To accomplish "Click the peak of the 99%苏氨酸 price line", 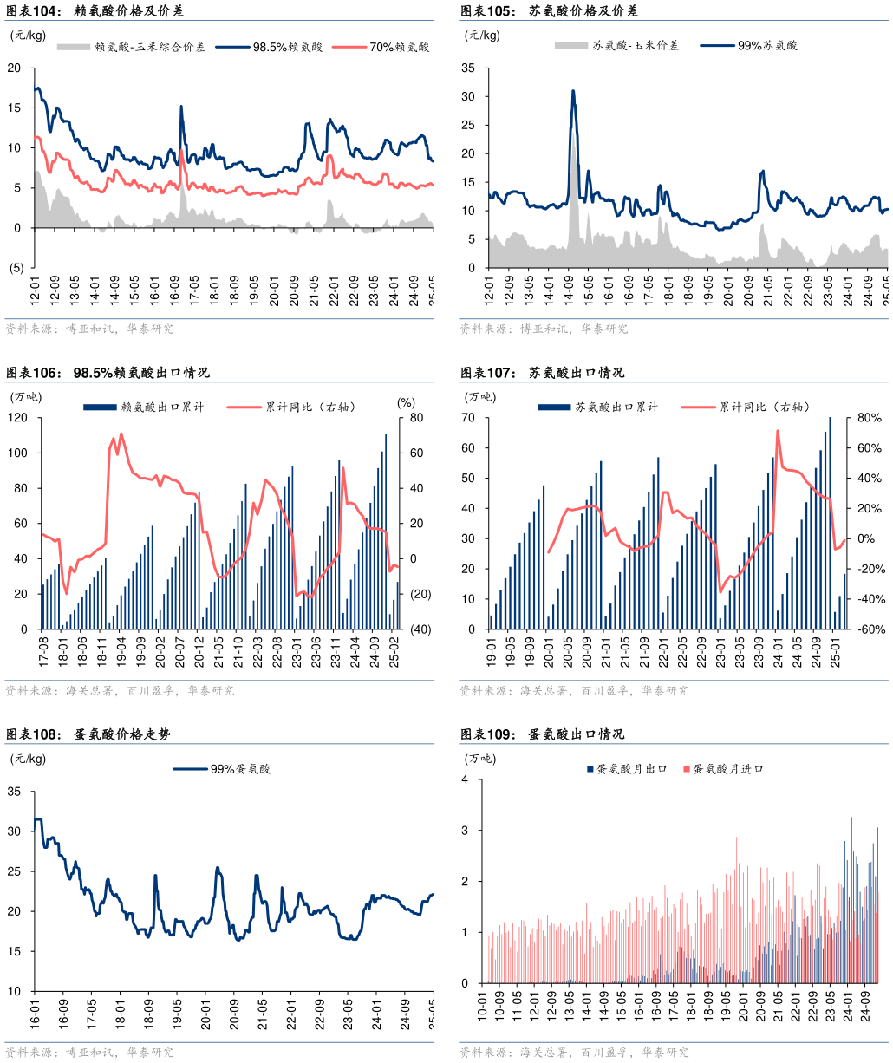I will point(573,90).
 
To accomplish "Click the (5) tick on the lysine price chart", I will point(16,268).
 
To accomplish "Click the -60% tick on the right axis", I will point(868,629).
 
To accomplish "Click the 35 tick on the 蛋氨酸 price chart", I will point(15,791).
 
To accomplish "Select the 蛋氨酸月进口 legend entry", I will point(727,769).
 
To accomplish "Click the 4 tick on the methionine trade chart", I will point(466,779).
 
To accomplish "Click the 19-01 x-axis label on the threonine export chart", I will point(490,655).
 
